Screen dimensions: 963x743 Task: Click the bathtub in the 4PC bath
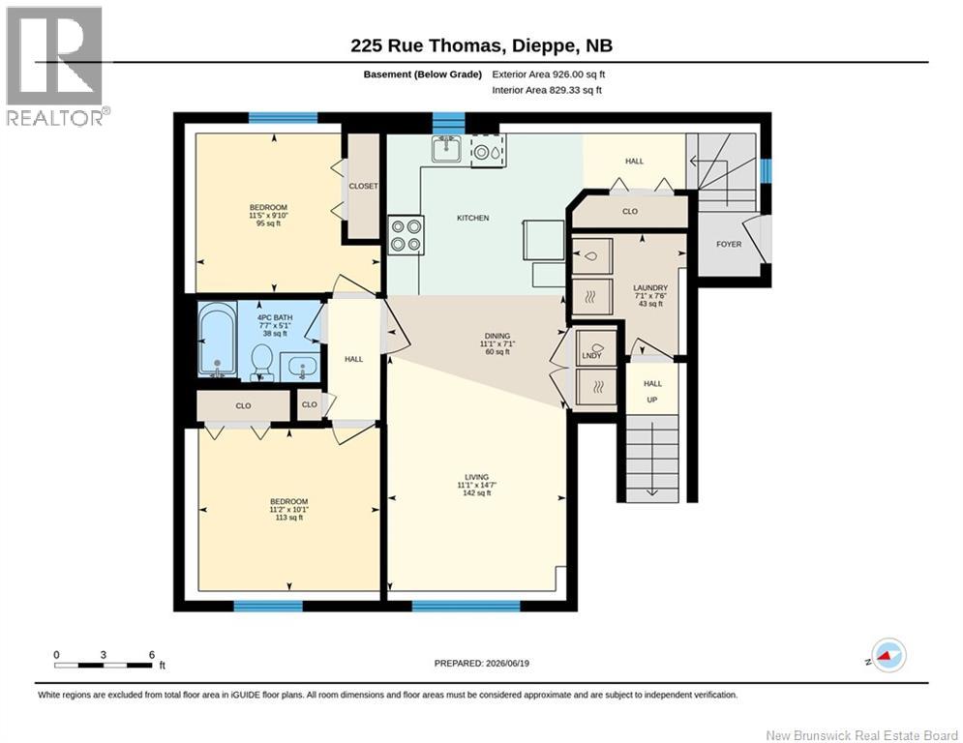click(x=218, y=339)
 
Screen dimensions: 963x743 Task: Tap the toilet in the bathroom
click(x=262, y=362)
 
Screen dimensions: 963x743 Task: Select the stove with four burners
click(x=406, y=234)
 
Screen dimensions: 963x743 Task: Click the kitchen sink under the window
click(x=446, y=149)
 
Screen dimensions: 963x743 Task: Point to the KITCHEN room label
click(x=473, y=218)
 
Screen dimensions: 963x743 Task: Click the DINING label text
click(x=497, y=336)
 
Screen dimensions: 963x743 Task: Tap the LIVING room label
click(x=476, y=477)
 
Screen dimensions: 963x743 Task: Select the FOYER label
click(x=729, y=244)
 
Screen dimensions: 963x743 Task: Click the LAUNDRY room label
click(x=650, y=287)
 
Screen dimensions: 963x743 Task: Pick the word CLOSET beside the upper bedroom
click(x=364, y=186)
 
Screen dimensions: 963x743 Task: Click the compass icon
click(x=888, y=655)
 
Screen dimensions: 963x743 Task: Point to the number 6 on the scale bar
click(x=152, y=655)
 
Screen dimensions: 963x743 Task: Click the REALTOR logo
click(x=56, y=67)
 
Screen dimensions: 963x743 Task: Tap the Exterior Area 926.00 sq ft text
click(x=549, y=74)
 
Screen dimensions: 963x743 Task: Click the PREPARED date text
click(x=482, y=663)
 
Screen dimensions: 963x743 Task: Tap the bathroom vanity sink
click(x=300, y=368)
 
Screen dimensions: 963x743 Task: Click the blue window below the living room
click(x=466, y=607)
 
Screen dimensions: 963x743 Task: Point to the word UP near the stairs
click(x=652, y=400)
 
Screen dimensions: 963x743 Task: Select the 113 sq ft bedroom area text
click(x=289, y=518)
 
